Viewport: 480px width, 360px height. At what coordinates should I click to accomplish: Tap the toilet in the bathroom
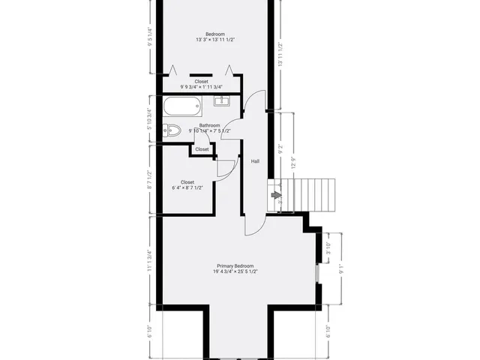172,130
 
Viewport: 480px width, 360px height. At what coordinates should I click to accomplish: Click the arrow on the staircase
276,196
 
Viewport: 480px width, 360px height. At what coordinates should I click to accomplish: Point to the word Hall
255,160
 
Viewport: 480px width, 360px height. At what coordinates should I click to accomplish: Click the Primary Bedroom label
235,266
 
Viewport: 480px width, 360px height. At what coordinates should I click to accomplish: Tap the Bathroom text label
210,125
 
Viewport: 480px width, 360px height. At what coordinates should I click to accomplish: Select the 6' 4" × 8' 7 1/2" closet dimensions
187,188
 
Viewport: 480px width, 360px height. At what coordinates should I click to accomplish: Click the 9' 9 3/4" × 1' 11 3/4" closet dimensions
202,87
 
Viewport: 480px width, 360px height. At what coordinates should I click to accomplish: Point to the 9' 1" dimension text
340,268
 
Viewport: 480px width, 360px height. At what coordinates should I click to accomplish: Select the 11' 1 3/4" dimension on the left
150,261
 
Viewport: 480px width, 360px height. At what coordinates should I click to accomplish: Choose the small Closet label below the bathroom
202,149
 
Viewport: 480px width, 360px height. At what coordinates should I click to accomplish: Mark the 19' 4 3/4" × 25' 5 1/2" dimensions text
235,272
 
